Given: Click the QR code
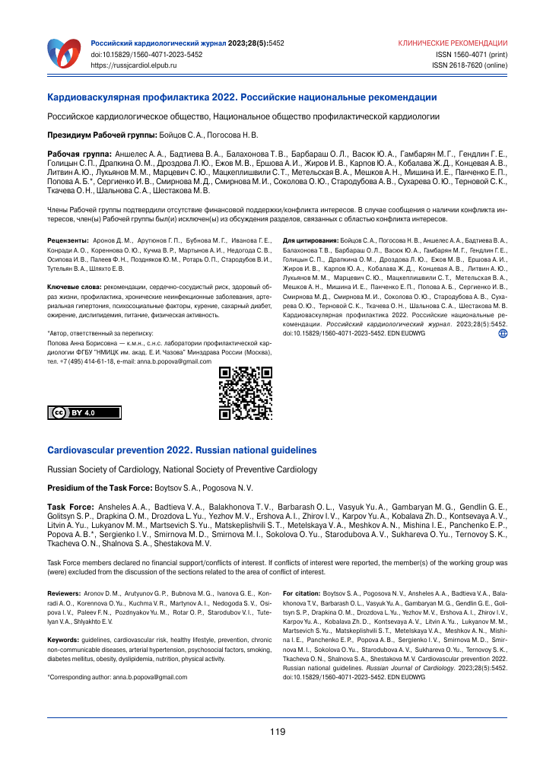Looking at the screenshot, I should click(x=245, y=393).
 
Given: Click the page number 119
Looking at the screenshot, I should click(x=277, y=732).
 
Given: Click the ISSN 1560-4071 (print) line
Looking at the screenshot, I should click(x=471, y=55).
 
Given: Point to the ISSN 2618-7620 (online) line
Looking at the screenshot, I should click(x=469, y=66).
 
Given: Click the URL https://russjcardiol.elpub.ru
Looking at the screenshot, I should click(x=134, y=66).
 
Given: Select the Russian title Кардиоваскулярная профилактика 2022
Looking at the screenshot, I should click(x=242, y=97).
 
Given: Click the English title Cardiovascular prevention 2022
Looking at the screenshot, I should click(x=182, y=450).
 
